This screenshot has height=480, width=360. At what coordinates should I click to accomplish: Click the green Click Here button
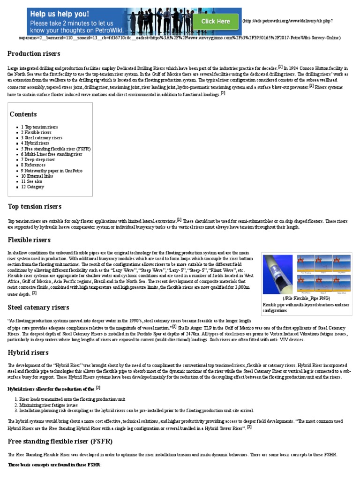click(215, 21)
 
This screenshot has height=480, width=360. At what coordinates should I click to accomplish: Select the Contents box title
click(23, 114)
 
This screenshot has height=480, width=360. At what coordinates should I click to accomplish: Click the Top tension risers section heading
click(35, 206)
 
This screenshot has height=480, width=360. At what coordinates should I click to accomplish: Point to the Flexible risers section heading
click(29, 240)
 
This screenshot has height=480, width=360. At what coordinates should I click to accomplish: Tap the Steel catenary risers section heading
click(38, 307)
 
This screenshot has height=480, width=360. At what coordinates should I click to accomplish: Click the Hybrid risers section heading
click(28, 352)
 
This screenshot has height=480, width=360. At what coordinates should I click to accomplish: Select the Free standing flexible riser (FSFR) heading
click(60, 442)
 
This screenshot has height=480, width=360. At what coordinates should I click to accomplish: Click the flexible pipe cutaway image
click(279, 274)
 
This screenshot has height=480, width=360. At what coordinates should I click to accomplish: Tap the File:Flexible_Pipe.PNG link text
click(307, 298)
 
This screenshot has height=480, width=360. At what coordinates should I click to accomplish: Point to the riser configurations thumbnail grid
click(323, 274)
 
